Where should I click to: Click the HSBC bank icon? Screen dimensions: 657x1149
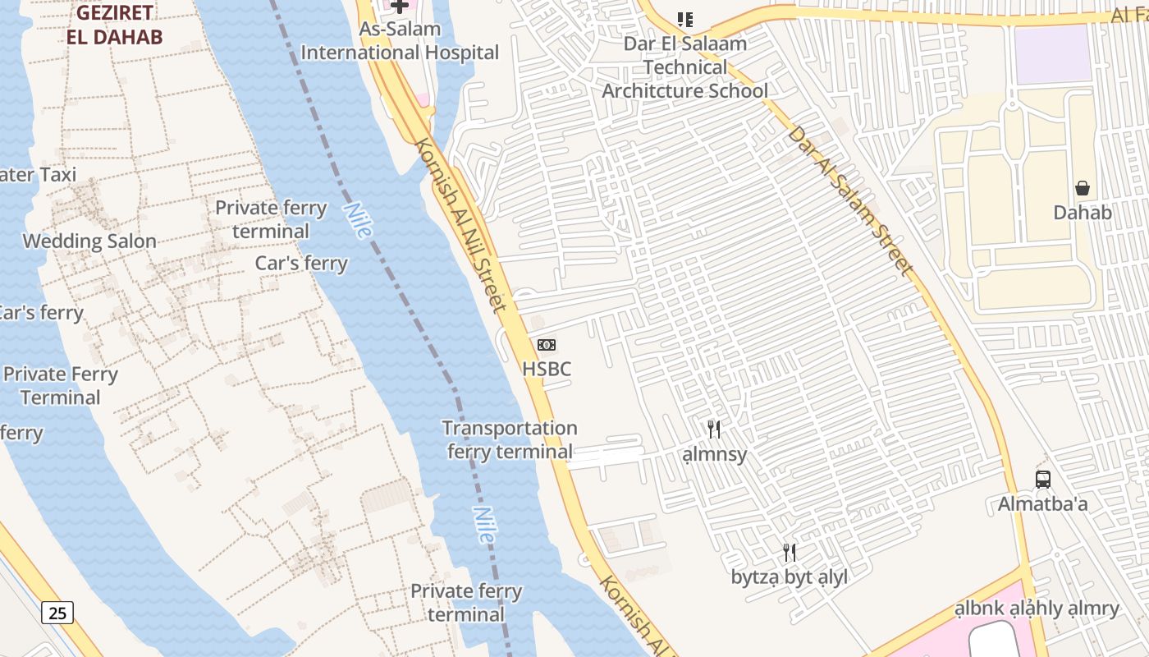(546, 345)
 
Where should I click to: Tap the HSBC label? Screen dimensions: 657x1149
(547, 369)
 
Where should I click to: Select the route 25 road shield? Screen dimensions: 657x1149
(57, 612)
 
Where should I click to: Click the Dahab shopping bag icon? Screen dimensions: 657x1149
(1083, 188)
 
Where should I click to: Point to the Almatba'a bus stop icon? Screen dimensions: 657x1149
(1042, 479)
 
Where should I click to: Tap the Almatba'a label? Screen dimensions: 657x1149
(1042, 503)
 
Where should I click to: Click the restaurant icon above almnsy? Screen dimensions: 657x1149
(714, 429)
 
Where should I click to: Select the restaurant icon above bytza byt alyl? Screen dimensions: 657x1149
(790, 552)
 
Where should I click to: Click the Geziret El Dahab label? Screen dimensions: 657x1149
(115, 25)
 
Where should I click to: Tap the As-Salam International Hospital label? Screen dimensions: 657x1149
(400, 41)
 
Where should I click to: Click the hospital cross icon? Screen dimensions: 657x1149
(399, 7)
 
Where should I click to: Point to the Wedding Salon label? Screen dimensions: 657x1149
(89, 241)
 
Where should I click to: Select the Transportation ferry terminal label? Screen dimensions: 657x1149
(510, 439)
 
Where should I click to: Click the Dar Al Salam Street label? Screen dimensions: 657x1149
(850, 200)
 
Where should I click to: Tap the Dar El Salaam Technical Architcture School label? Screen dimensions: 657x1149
(685, 67)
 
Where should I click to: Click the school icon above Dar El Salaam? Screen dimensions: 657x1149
(685, 19)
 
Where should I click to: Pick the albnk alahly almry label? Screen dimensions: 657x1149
(1037, 609)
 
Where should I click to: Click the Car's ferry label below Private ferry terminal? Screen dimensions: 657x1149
(301, 264)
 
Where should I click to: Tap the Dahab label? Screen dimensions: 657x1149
(1083, 213)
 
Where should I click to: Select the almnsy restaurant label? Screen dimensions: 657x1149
(715, 454)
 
